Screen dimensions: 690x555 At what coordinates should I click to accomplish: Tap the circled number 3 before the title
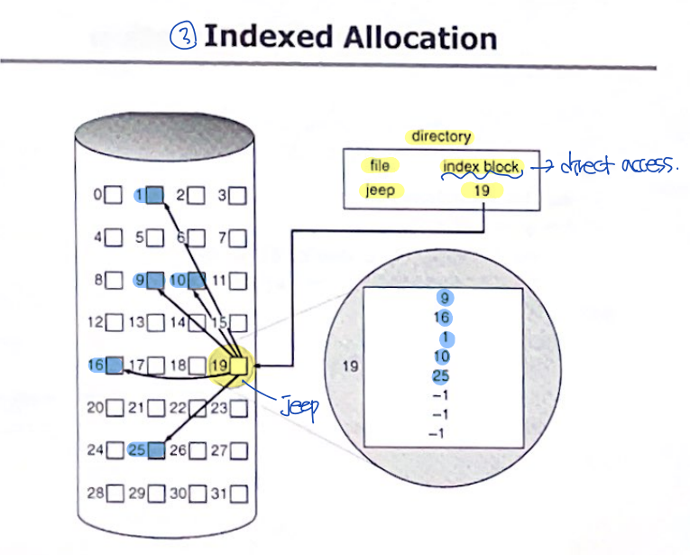pyautogui.click(x=183, y=37)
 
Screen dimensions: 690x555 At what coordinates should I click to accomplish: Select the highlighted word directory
pyautogui.click(x=441, y=136)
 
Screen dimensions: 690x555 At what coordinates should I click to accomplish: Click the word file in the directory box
pyautogui.click(x=380, y=166)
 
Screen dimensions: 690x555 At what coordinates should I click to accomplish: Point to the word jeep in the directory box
pyautogui.click(x=380, y=190)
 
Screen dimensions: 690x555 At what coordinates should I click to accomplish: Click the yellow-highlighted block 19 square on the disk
pyautogui.click(x=239, y=365)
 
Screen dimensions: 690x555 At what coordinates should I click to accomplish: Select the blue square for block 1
pyautogui.click(x=154, y=194)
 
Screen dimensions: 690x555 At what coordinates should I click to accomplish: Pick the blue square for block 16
pyautogui.click(x=113, y=365)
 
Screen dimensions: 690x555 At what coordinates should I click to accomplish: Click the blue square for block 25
pyautogui.click(x=154, y=449)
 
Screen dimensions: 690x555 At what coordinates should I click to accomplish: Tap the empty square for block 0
pyautogui.click(x=113, y=194)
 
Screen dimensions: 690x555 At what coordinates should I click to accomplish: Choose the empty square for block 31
pyautogui.click(x=238, y=494)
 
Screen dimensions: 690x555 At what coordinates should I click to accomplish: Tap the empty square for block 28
pyautogui.click(x=113, y=494)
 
